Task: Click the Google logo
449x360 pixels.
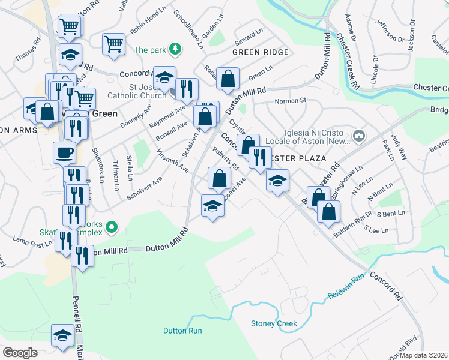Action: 19,353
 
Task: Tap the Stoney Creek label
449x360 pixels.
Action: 274,324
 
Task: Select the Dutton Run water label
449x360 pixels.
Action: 182,331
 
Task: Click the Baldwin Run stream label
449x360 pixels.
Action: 347,287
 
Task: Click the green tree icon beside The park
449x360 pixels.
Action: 174,49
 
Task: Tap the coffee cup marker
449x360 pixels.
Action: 64,153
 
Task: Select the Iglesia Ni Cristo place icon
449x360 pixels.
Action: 358,136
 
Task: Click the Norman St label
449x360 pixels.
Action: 291,101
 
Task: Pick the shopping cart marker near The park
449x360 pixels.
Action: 113,44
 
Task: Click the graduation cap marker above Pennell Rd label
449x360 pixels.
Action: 62,335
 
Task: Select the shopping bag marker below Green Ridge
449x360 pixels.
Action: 228,79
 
